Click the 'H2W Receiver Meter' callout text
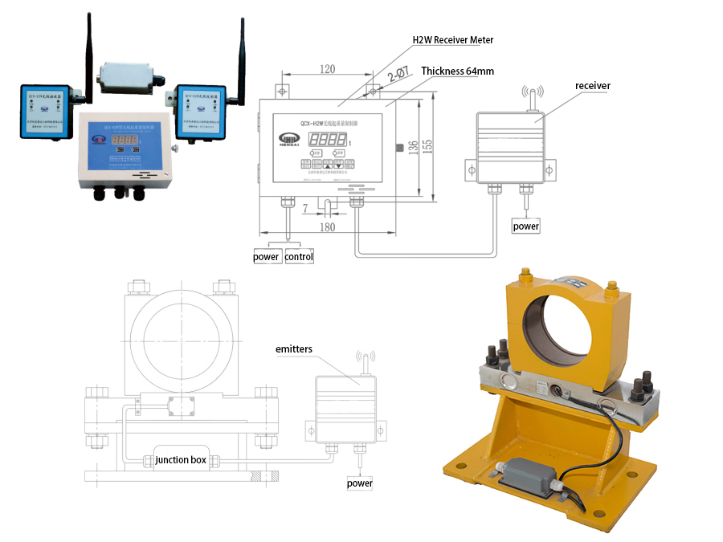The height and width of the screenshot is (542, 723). (452, 40)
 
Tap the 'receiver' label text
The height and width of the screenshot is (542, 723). (593, 85)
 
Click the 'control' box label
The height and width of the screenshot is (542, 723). (299, 257)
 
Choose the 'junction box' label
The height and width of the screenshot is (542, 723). (182, 460)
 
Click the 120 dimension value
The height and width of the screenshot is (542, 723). (327, 70)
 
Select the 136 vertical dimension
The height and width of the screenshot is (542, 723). (413, 149)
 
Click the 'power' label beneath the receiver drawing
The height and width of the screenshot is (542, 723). (526, 226)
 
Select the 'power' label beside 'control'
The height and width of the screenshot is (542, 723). (267, 257)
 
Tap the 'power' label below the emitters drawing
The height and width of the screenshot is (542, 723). (360, 483)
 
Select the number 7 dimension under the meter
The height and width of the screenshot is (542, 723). (306, 209)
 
